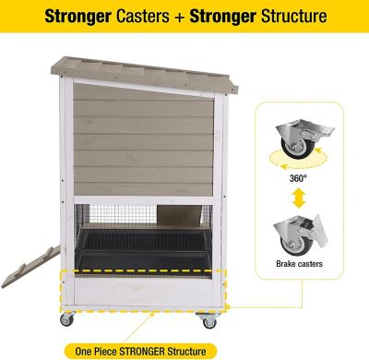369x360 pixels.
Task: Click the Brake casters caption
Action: (x=297, y=261)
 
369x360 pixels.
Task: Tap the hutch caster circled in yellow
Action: (x=208, y=320)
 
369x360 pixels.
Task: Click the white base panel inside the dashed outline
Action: (x=138, y=291)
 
